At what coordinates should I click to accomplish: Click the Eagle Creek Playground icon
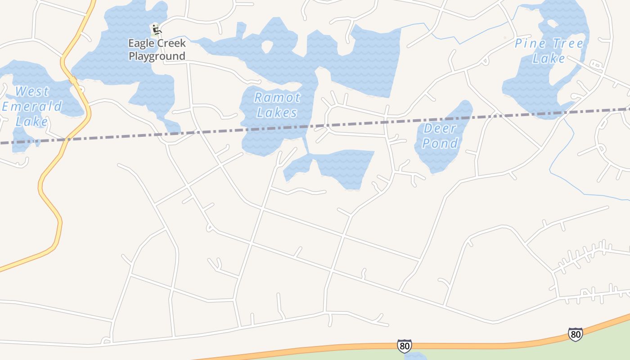[156, 30]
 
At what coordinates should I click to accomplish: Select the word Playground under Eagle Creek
[157, 56]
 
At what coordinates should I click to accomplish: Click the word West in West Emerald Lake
[31, 92]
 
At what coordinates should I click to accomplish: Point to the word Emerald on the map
[32, 107]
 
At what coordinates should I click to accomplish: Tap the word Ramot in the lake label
[277, 97]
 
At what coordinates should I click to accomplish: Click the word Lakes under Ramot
[277, 112]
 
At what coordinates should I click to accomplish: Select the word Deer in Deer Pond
[440, 129]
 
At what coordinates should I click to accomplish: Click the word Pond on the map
[440, 144]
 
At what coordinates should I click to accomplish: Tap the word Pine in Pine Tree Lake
[530, 44]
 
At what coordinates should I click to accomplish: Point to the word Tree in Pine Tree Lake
[567, 44]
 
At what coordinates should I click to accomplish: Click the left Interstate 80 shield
[404, 346]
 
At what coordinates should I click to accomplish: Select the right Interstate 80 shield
[575, 334]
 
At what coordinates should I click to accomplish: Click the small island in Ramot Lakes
[268, 46]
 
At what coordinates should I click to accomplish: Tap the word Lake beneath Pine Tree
[549, 58]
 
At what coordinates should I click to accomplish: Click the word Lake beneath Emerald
[31, 121]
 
